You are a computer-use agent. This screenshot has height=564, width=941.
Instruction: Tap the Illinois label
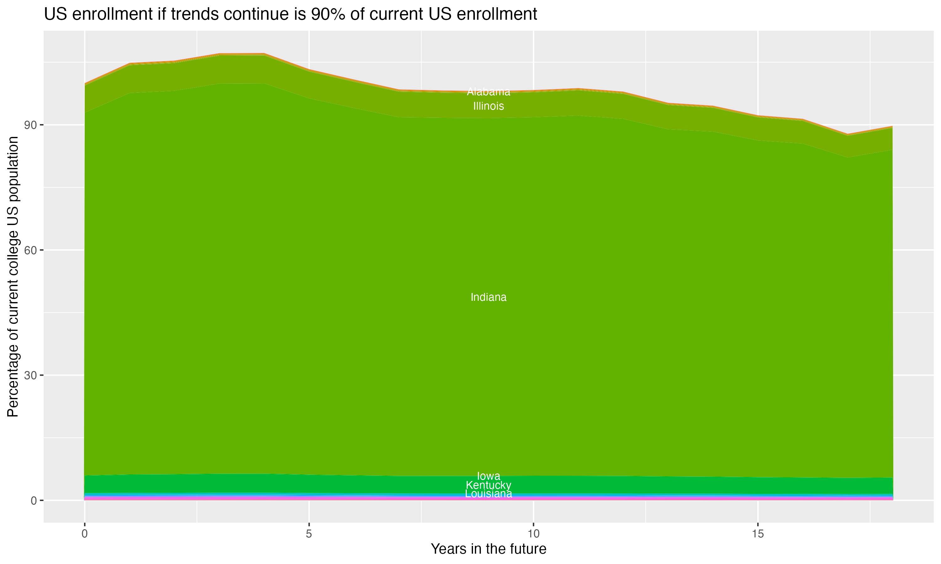(x=488, y=106)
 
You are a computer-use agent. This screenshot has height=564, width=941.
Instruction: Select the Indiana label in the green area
(x=488, y=297)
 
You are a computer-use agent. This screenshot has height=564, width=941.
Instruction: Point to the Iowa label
(x=488, y=476)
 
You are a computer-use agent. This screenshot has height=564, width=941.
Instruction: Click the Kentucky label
(x=488, y=485)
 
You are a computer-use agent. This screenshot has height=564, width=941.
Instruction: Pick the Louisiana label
(x=488, y=494)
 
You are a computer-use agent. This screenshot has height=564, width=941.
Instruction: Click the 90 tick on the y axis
(x=30, y=125)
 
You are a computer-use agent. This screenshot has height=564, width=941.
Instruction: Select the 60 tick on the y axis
(x=30, y=250)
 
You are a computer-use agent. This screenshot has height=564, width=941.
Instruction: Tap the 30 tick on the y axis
(x=30, y=375)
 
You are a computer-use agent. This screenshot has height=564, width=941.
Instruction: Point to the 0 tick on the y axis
(x=34, y=500)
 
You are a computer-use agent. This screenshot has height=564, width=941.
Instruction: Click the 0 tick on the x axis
(x=84, y=534)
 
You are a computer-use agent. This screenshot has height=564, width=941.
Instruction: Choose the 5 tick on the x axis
(x=309, y=534)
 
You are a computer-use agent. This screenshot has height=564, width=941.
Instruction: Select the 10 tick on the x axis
(x=533, y=534)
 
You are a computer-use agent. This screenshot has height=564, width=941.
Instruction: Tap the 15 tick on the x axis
(x=758, y=534)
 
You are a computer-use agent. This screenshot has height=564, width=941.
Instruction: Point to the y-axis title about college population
(x=13, y=277)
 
